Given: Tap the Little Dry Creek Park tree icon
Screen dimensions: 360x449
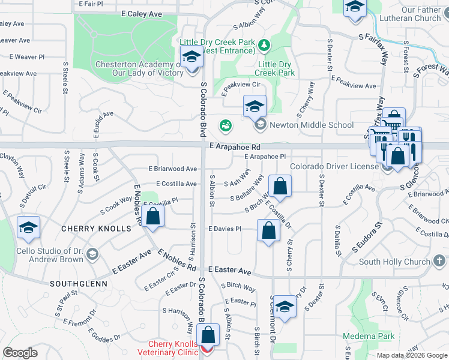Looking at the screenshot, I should pos(263,45).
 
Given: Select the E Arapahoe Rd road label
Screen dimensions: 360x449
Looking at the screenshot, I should pos(235,146).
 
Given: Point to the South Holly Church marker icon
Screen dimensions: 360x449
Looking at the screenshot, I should pos(439,261).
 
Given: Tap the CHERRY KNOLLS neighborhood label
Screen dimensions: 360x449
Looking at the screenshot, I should pos(96,229).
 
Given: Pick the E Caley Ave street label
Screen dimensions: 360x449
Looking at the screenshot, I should pos(142,13).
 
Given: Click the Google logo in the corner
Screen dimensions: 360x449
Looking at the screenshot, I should pos(20,353).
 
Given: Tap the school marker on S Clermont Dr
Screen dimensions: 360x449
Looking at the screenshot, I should pos(286,307).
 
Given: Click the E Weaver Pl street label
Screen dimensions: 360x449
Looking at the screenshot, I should pos(28,57).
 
